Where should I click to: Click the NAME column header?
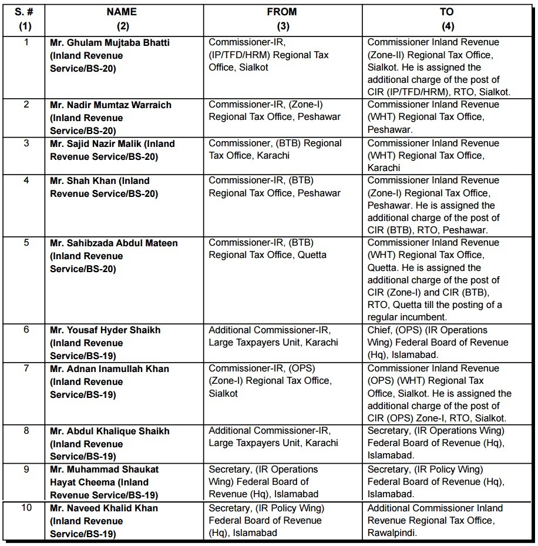coord(122,11)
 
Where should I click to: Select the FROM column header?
coord(282,11)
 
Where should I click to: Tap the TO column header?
coord(446,11)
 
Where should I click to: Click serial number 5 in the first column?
coord(26,243)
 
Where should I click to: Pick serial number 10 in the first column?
coord(26,508)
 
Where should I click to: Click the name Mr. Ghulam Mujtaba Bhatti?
coord(110,42)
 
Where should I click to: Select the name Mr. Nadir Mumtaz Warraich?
coord(111,105)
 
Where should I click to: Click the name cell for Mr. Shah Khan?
coord(100,187)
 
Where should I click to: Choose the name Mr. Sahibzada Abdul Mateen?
coord(114,243)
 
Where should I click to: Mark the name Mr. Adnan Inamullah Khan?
coord(110,369)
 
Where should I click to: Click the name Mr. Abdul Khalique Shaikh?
coord(110,431)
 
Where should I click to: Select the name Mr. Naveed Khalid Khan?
coord(104,508)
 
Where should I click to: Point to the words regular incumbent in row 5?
coord(408,317)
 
